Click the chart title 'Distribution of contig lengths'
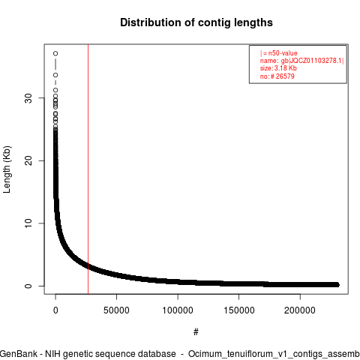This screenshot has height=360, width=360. (x=196, y=22)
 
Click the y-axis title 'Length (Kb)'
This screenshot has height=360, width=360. (x=7, y=169)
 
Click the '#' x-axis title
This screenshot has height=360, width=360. (x=196, y=332)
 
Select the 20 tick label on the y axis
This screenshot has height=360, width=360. (x=29, y=160)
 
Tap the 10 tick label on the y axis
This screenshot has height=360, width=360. (x=29, y=223)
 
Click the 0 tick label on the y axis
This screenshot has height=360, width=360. (x=29, y=286)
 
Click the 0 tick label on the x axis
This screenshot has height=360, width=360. (x=55, y=310)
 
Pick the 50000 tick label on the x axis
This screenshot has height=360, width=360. (x=116, y=310)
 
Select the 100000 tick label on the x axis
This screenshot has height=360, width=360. (x=178, y=310)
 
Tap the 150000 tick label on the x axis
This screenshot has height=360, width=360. (x=239, y=310)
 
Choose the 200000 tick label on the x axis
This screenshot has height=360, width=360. (x=300, y=310)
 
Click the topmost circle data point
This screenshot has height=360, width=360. (x=55, y=53)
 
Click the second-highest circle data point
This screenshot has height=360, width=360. (x=55, y=75)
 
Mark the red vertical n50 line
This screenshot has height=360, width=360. (x=88, y=169)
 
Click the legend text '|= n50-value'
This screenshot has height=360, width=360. (x=279, y=53)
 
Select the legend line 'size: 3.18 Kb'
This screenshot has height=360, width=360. (x=278, y=68)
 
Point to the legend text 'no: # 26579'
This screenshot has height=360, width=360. (x=277, y=76)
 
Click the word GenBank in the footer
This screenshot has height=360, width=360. (x=19, y=354)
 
